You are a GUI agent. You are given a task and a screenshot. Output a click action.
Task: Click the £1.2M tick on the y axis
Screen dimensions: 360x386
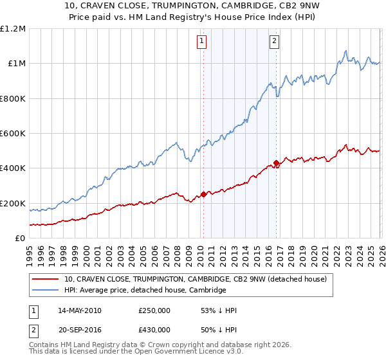click(x=13, y=28)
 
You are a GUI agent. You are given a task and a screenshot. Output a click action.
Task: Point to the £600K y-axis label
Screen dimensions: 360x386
click(x=13, y=133)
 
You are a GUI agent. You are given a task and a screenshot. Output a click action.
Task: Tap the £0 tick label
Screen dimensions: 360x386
click(x=21, y=238)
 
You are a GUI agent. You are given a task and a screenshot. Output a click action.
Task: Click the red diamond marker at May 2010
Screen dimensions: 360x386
click(x=203, y=194)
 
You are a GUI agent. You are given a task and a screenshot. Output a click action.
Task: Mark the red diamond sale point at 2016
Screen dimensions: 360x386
click(x=276, y=163)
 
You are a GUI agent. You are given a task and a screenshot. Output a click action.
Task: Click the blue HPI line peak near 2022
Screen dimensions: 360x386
click(x=346, y=51)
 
